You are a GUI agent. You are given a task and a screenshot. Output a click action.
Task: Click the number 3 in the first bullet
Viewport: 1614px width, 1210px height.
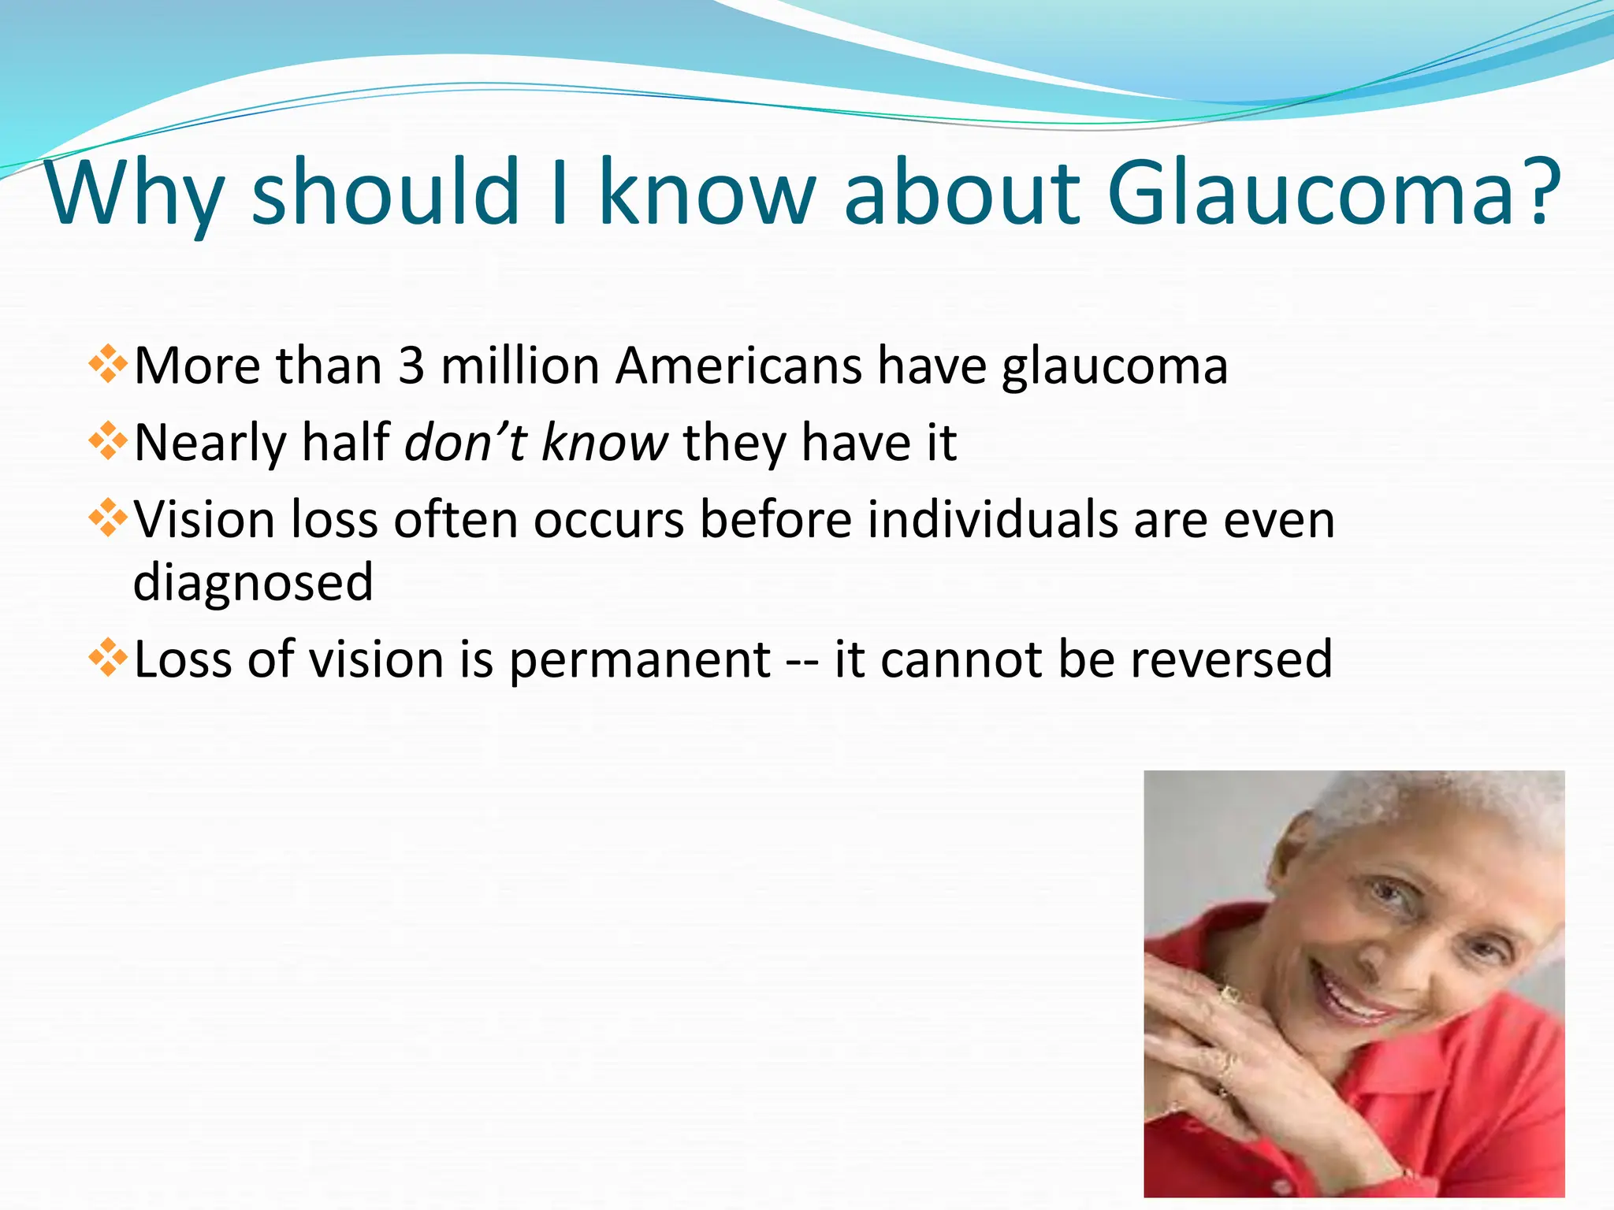(411, 366)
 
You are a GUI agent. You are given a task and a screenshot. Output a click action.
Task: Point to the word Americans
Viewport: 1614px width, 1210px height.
(738, 366)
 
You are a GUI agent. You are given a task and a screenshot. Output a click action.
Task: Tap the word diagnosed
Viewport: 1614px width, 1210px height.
(253, 582)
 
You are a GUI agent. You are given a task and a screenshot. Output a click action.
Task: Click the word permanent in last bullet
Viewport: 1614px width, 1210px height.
(639, 660)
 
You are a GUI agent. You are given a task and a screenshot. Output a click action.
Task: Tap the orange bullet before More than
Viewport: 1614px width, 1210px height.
(108, 366)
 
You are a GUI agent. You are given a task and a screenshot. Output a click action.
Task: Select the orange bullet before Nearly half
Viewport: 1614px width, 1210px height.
(108, 442)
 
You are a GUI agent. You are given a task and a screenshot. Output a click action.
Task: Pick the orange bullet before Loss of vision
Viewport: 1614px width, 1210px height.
(108, 659)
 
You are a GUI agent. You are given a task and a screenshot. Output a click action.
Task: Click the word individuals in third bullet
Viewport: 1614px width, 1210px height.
(992, 520)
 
